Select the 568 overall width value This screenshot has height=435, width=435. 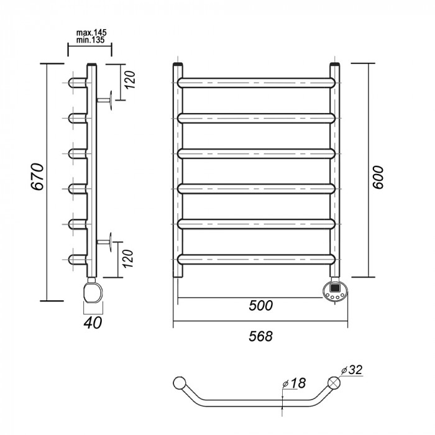click(262, 336)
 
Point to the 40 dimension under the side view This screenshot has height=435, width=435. click(93, 322)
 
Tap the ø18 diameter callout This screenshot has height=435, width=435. click(296, 383)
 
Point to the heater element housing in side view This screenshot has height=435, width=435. click(92, 291)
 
